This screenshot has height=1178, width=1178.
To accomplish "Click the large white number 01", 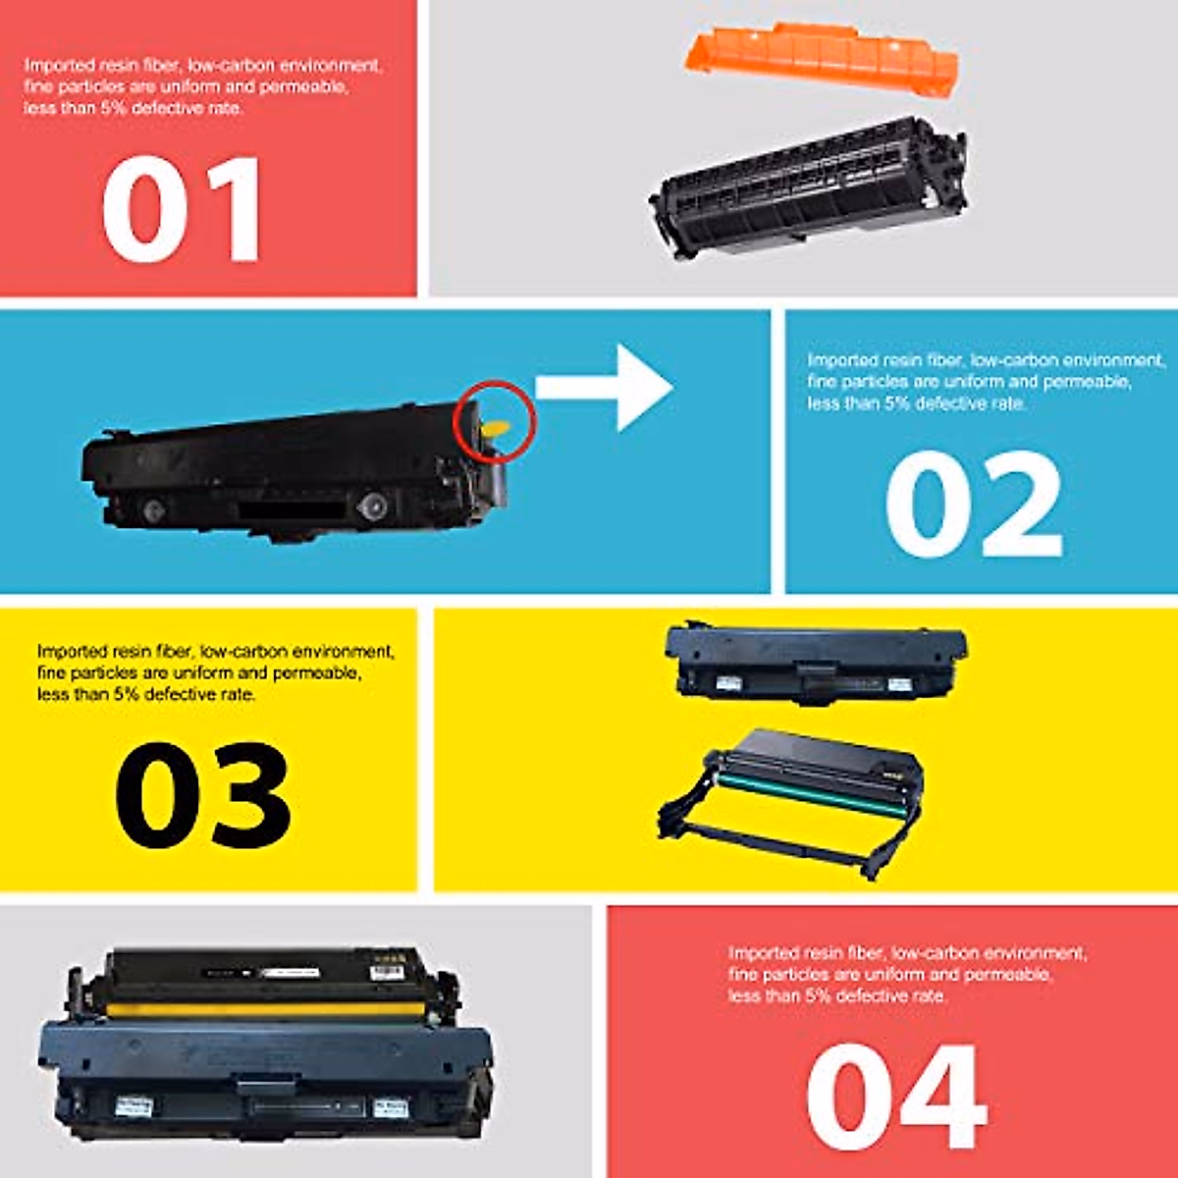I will click(x=183, y=209).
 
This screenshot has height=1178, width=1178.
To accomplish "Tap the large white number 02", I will click(x=973, y=506).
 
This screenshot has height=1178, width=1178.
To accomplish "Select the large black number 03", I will click(x=203, y=795).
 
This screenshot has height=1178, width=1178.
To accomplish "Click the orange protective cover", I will click(x=821, y=59).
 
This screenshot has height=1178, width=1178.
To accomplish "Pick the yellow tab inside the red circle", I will click(x=498, y=428).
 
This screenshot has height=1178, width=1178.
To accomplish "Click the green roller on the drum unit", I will click(x=805, y=790).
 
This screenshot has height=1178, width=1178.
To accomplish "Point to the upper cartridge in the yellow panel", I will click(x=815, y=661).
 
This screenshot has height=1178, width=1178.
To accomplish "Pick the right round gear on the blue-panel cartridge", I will click(x=371, y=507).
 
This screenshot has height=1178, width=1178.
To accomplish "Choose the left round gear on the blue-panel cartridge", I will click(x=151, y=509).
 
